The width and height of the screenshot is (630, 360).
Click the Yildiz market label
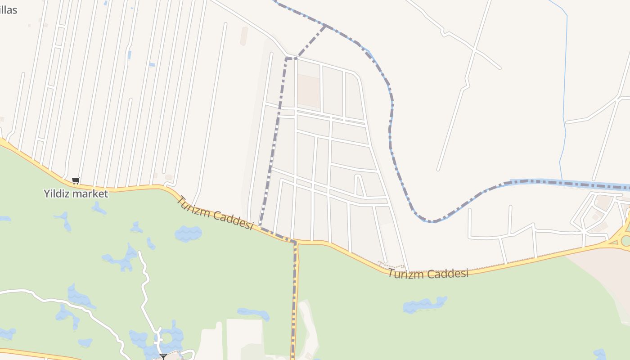click(x=76, y=194)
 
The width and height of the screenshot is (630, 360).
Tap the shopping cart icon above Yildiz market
click(x=76, y=180)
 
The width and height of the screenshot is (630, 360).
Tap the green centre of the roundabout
click(x=626, y=241)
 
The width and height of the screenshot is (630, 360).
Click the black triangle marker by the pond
click(x=163, y=356)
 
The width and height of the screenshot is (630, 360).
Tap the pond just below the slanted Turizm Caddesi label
click(x=188, y=234)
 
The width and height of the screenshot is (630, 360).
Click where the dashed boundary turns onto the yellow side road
click(x=295, y=242)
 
